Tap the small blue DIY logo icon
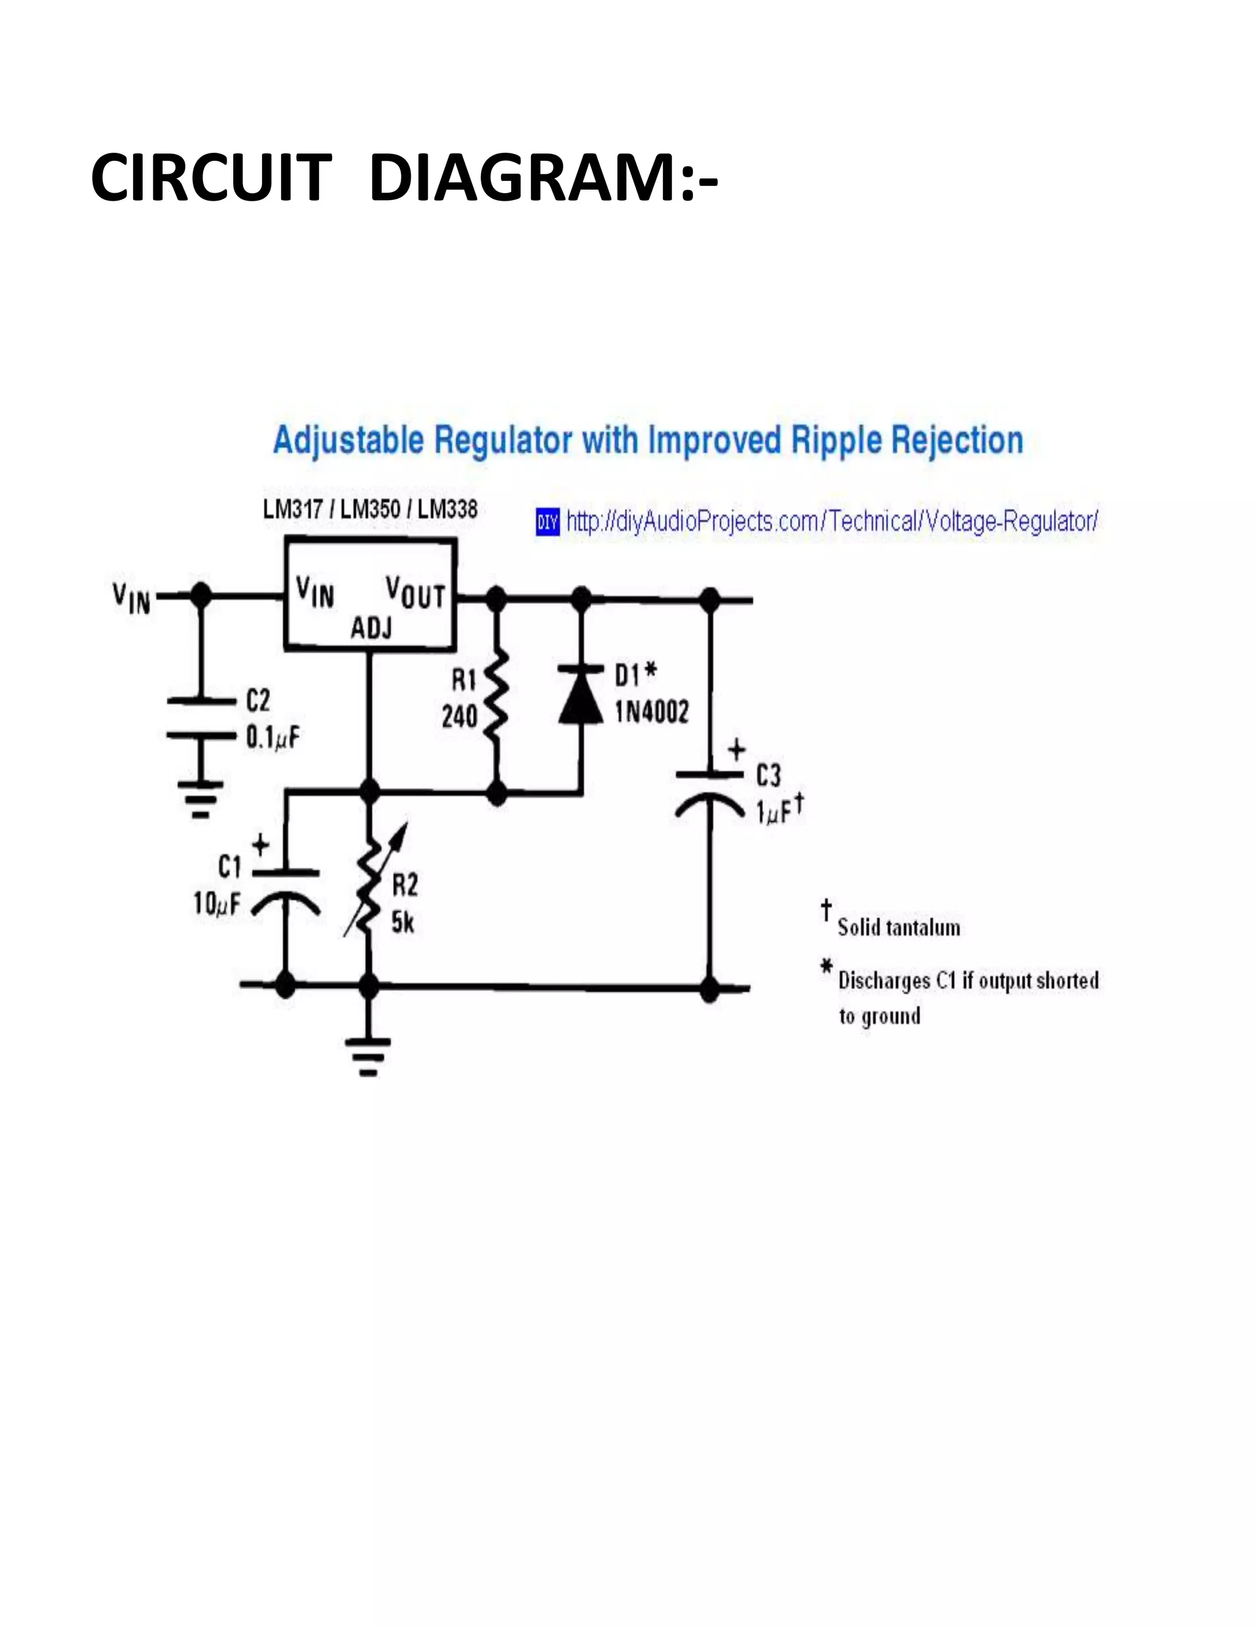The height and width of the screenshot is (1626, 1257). [x=547, y=522]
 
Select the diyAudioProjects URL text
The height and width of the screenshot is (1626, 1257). [x=832, y=521]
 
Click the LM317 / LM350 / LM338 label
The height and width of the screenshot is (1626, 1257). [x=370, y=510]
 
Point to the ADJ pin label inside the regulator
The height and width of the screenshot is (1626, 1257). [x=371, y=629]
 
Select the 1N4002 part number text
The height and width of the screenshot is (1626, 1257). [x=652, y=712]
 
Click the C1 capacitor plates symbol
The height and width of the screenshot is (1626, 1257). [x=286, y=890]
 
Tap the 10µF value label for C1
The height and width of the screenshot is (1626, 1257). [x=217, y=904]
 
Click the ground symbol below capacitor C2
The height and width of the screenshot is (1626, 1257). [x=199, y=799]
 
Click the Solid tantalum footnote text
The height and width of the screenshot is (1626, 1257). [x=898, y=928]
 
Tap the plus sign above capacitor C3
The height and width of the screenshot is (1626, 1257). [x=736, y=750]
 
